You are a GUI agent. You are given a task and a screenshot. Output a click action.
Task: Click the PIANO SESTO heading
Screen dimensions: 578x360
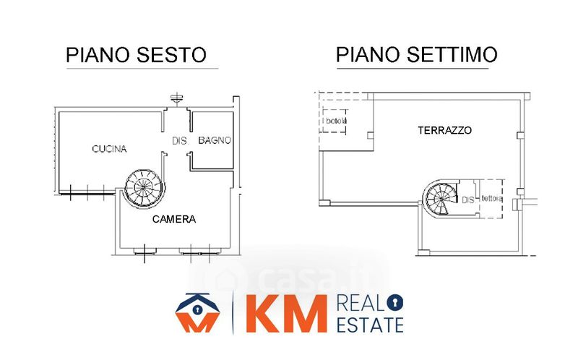(x=136, y=55)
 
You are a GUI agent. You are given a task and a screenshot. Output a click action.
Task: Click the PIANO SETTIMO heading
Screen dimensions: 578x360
(x=415, y=55)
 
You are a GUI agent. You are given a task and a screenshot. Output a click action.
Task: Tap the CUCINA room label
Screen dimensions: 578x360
(x=109, y=150)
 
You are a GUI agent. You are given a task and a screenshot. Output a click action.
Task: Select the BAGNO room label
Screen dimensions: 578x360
(x=215, y=140)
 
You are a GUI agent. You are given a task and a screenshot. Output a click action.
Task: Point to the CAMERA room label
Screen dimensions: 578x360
(x=173, y=218)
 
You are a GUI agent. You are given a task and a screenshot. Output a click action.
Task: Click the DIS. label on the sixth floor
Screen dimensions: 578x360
(x=180, y=140)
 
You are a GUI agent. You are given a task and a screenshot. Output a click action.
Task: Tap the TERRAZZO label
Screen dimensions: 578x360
(x=444, y=131)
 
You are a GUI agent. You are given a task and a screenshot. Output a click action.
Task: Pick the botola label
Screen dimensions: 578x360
(x=335, y=120)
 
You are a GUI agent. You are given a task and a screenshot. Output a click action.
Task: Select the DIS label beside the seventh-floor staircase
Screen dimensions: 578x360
(x=467, y=199)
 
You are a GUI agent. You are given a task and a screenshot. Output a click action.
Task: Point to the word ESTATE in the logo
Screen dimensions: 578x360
(x=371, y=325)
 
